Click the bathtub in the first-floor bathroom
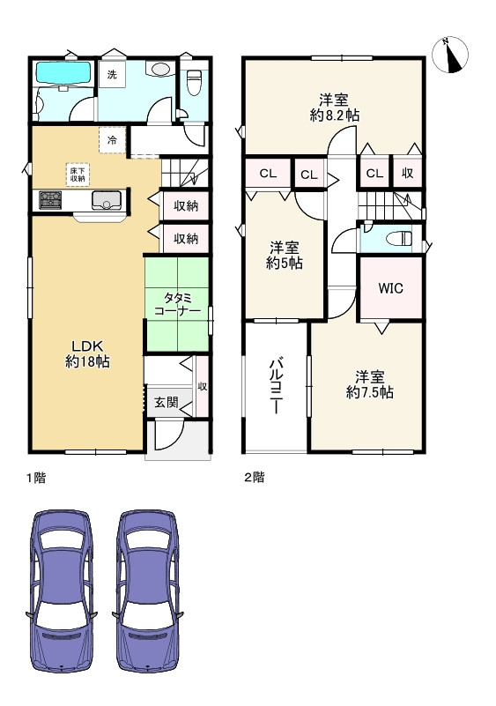click(63, 72)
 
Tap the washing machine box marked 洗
click(112, 74)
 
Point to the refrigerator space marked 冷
click(111, 140)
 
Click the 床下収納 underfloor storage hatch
click(78, 175)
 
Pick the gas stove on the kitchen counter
click(50, 200)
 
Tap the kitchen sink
click(107, 200)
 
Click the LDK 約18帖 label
click(88, 353)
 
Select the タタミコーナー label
click(177, 304)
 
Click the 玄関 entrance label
click(167, 402)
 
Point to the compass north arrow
click(450, 54)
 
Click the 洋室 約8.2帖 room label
click(335, 108)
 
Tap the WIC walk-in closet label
click(390, 288)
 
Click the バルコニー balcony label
click(277, 386)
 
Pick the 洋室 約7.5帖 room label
click(369, 385)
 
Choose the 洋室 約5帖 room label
click(284, 256)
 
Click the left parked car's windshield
click(61, 541)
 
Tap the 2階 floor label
click(255, 477)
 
